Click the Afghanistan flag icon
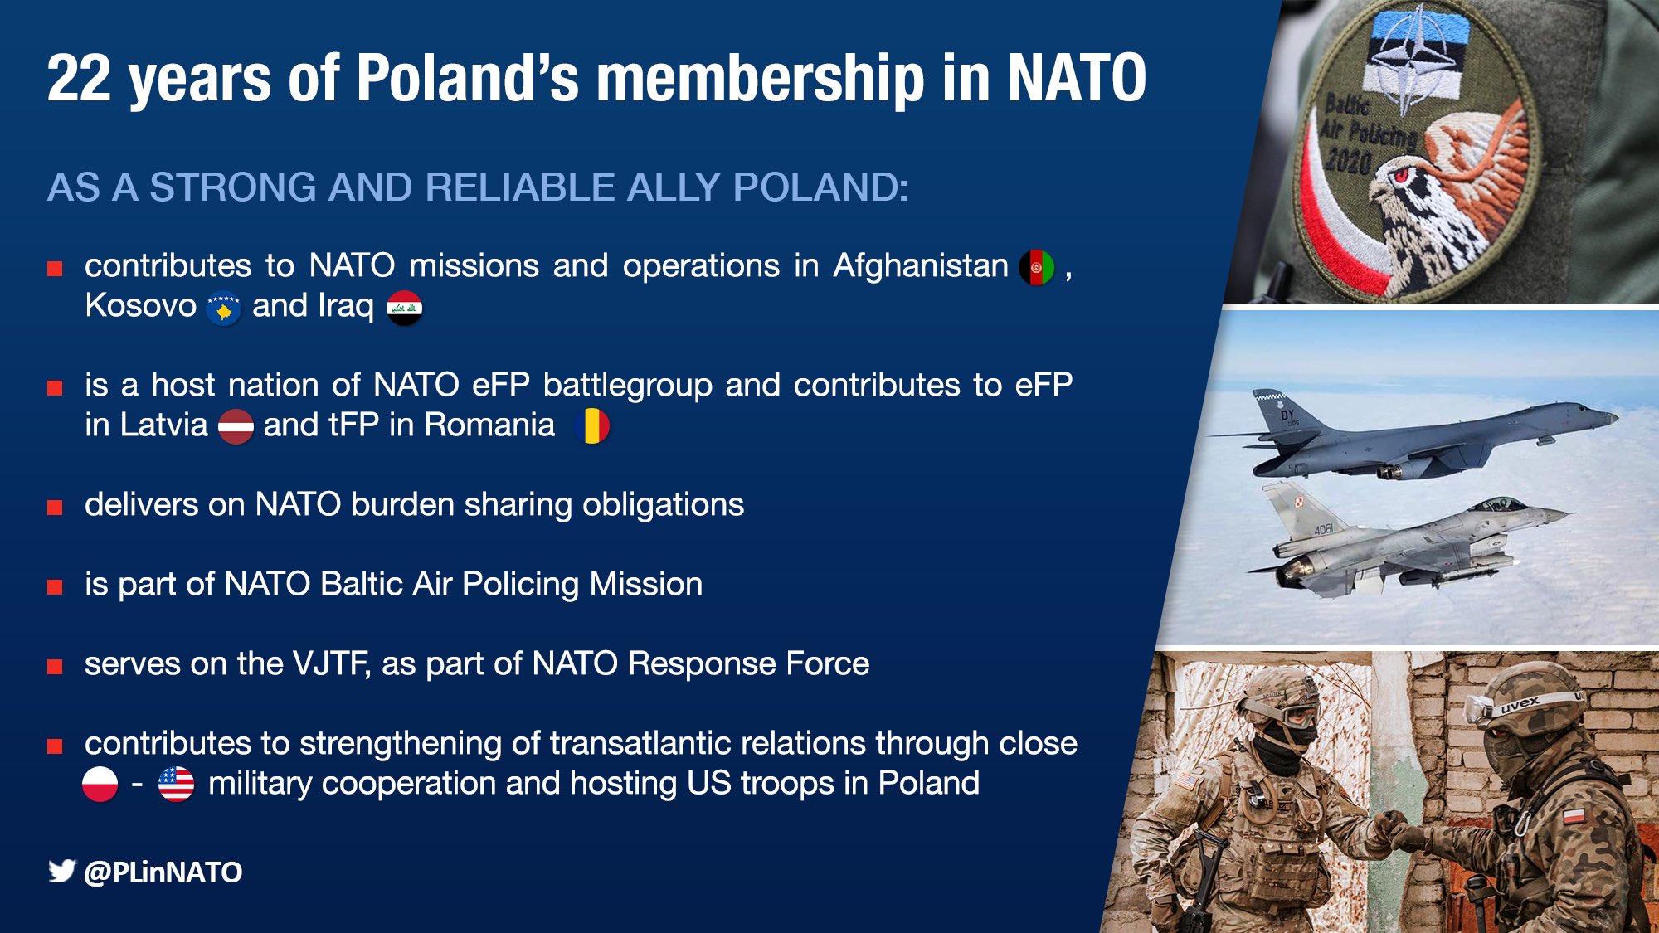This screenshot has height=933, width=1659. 1037,267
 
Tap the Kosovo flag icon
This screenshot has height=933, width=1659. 223,309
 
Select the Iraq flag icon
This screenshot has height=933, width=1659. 405,308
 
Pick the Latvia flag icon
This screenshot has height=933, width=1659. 236,426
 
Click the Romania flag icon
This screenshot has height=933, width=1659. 592,426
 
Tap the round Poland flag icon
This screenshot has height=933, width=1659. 100,785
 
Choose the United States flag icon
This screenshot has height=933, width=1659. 176,785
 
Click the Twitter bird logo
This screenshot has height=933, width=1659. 61,871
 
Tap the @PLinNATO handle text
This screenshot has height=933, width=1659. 163,872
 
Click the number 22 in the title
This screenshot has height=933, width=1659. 79,78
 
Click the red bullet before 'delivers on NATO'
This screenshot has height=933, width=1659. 55,508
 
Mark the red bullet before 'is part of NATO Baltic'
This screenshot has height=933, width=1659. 55,587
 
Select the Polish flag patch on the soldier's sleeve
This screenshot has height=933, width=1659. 1573,814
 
